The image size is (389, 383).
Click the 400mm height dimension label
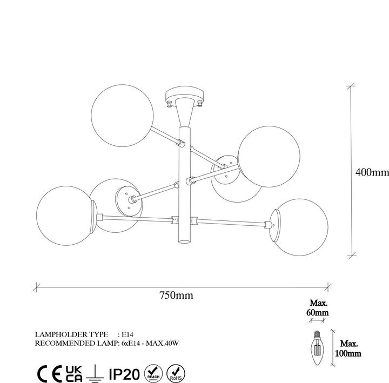(372, 173)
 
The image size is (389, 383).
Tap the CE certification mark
(48, 372)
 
